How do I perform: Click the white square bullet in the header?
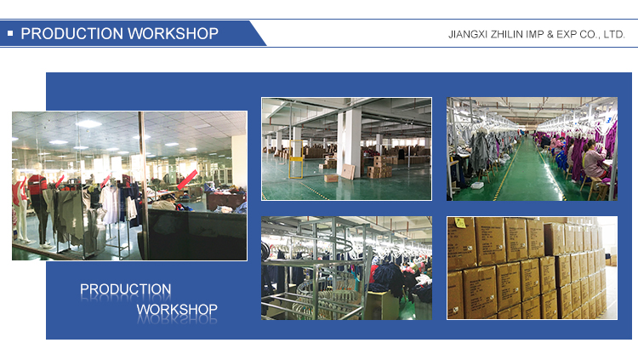point(10,33)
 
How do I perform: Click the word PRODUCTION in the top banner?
point(72,33)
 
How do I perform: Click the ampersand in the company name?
point(550,35)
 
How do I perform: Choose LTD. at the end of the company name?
point(613,35)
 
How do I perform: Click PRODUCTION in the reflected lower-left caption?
point(125,289)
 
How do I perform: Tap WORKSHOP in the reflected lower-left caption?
point(177,310)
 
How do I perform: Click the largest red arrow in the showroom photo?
point(188,180)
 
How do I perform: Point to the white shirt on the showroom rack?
point(110,203)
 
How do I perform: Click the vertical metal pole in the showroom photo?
point(142,186)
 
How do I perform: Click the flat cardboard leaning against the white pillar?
point(347,171)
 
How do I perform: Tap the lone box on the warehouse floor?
point(330,179)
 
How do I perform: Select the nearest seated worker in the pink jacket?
point(594,163)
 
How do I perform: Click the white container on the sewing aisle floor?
point(477,186)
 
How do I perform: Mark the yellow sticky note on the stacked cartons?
point(460,222)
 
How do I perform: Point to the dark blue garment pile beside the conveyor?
point(390,276)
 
